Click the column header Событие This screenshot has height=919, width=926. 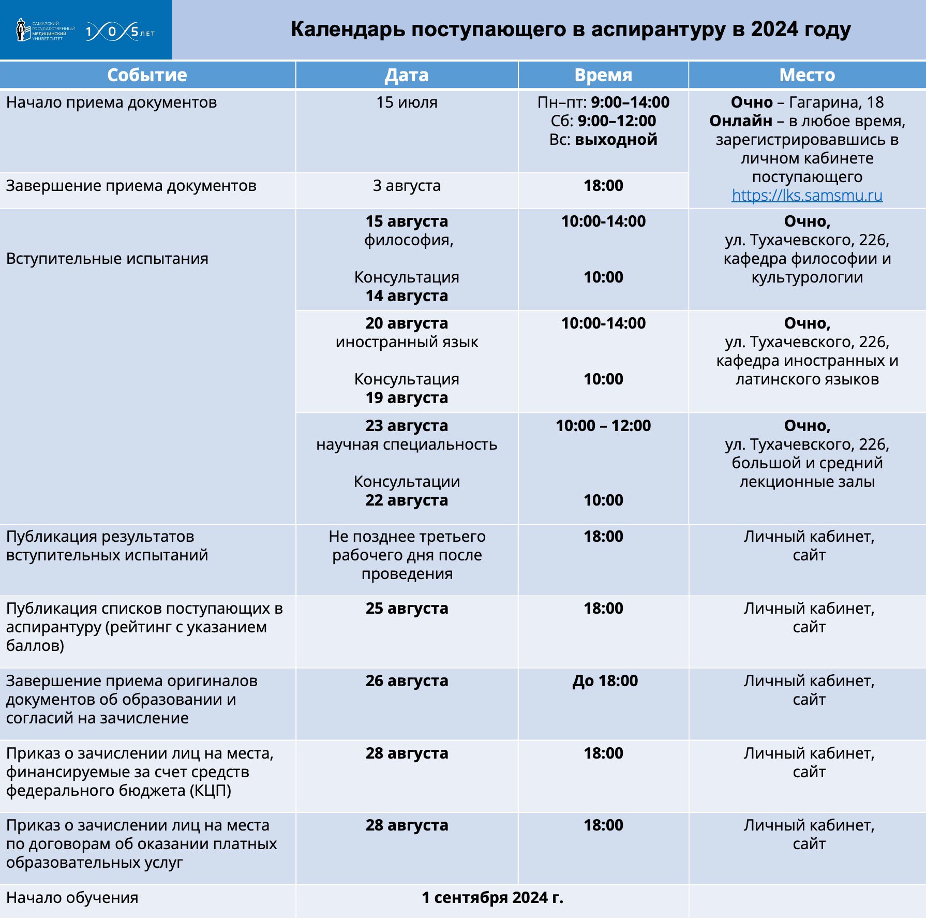click(x=147, y=76)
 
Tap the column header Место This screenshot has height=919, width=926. click(x=807, y=76)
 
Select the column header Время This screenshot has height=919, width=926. click(x=603, y=76)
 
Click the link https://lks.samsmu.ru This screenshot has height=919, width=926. click(x=807, y=196)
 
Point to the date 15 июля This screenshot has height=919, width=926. click(x=407, y=102)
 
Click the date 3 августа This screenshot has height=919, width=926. click(x=407, y=186)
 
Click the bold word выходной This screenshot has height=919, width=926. click(x=616, y=140)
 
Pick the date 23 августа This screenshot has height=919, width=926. click(x=407, y=426)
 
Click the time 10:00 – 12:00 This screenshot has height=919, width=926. click(x=603, y=426)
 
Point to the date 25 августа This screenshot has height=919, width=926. click(x=407, y=609)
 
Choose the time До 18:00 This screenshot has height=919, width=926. click(x=605, y=681)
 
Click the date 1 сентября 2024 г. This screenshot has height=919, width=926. click(x=492, y=897)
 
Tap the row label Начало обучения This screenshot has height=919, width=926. click(x=72, y=898)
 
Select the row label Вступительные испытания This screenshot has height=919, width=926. click(x=107, y=259)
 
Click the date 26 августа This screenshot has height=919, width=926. click(x=407, y=681)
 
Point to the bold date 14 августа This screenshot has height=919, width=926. click(x=407, y=296)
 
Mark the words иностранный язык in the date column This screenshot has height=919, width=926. click(x=407, y=342)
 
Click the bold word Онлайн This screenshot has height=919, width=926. click(x=741, y=121)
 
